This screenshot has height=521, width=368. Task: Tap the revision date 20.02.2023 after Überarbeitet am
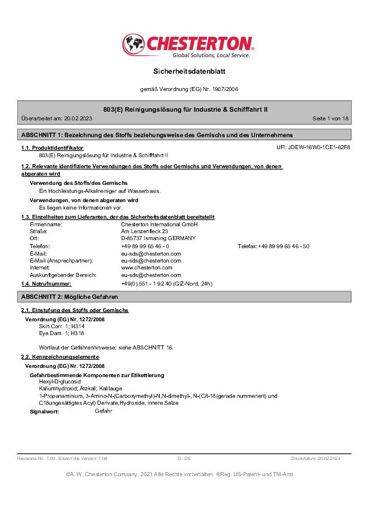tap(78, 119)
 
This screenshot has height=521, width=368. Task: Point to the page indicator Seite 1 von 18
tap(330, 119)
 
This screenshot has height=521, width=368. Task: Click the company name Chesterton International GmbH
tap(159, 225)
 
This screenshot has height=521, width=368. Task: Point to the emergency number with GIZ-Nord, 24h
tap(166, 284)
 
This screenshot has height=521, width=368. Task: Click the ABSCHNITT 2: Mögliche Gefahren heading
tap(70, 296)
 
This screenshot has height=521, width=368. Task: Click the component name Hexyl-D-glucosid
tap(60, 382)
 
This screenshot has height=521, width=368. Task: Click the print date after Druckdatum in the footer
tap(328, 458)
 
